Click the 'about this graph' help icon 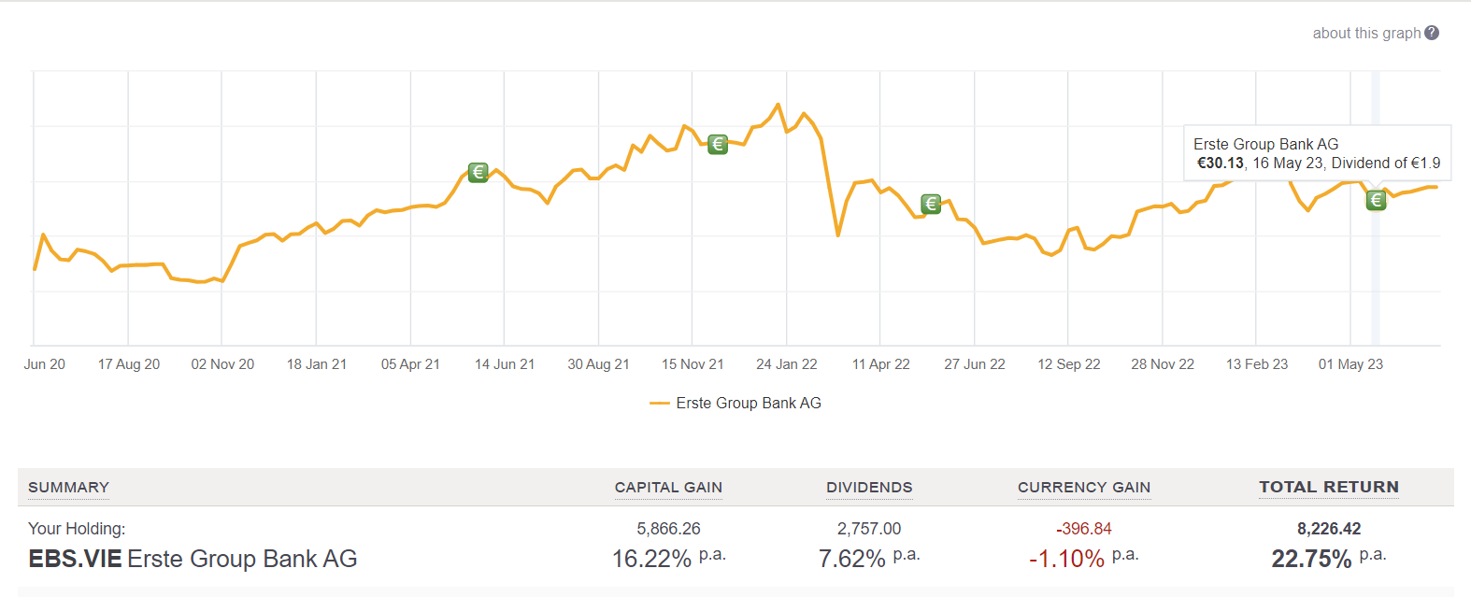coord(1432,33)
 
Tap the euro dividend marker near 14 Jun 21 coord(478,172)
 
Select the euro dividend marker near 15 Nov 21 coord(717,144)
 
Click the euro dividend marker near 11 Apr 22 coord(931,204)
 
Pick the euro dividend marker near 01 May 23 coord(1376,200)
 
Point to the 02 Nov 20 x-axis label coord(222,364)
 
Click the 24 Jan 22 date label coord(786,364)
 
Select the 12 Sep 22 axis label coord(1068,364)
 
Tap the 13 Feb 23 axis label coord(1256,364)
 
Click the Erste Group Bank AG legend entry coord(748,403)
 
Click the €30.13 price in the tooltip coord(1221,163)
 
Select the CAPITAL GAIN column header coord(668,487)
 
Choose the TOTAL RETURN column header coord(1328,487)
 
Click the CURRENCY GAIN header coord(1083,487)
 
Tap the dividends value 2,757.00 coord(869,529)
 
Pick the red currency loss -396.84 coord(1083,529)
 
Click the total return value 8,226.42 coord(1328,529)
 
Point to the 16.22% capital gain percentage coord(651,559)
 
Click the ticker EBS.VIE coord(75,559)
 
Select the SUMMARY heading coord(68,487)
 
